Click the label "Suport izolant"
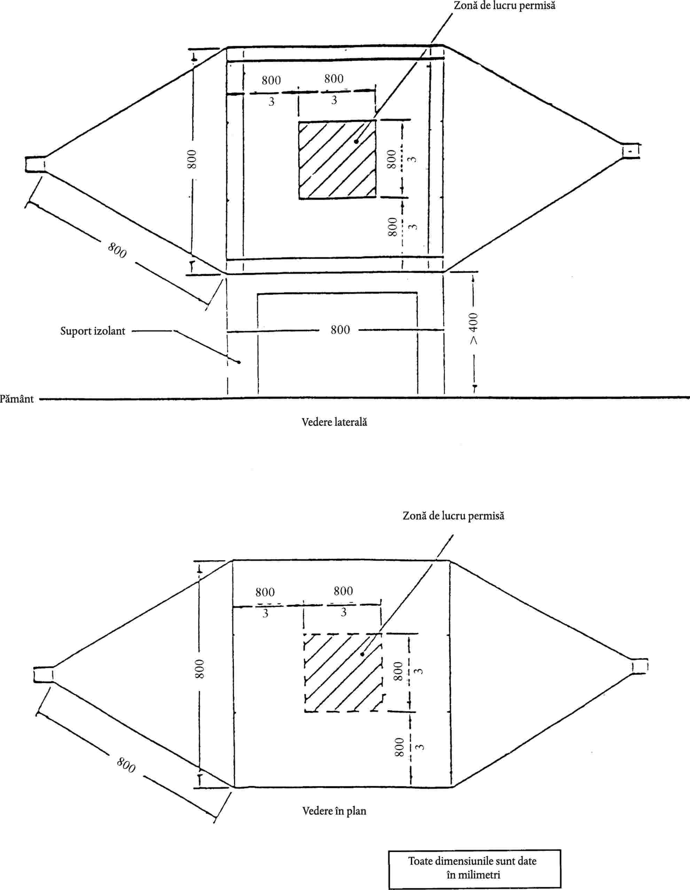[93, 331]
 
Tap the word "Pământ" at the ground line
[17, 398]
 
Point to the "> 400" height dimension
[473, 328]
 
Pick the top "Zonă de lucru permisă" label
[504, 6]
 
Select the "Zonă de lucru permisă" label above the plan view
[453, 516]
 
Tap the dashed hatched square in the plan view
[343, 672]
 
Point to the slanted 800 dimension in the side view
[117, 250]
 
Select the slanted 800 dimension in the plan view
[126, 765]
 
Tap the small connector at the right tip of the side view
[630, 151]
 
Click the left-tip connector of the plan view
[43, 674]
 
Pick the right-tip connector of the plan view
[640, 667]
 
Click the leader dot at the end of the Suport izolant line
[239, 362]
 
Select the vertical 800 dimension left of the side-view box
[192, 159]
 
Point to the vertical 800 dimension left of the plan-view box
[199, 669]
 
